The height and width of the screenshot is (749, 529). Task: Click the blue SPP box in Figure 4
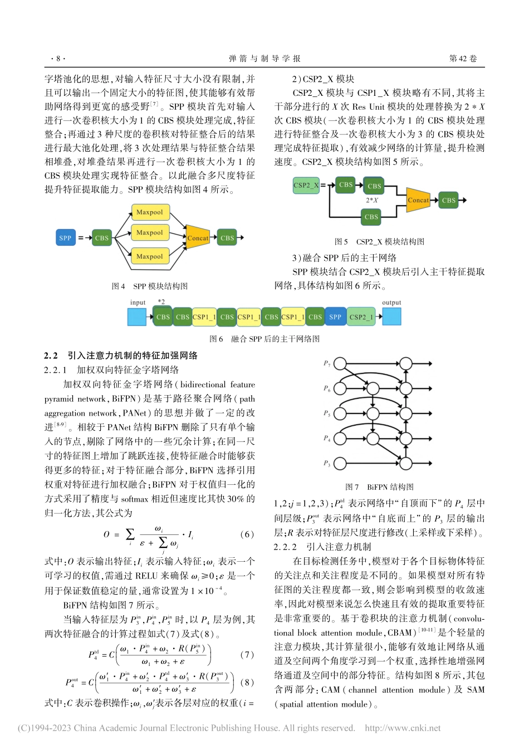65,238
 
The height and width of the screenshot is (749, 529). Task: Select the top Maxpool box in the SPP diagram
149,212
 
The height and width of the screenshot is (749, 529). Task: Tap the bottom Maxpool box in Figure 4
149,256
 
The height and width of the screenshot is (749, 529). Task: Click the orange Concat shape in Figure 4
197,238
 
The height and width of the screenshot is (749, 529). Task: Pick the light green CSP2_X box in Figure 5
306,185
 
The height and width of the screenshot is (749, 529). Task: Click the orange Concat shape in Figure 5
418,200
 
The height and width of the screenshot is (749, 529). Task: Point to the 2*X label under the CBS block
372,200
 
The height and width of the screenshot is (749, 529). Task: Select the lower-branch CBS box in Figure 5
371,217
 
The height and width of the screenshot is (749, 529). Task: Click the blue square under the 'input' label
137,317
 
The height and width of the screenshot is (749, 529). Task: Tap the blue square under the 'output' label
391,317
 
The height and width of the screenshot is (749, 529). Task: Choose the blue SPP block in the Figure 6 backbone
335,317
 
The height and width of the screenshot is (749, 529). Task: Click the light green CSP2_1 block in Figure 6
361,317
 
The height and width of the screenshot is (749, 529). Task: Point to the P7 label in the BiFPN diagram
327,363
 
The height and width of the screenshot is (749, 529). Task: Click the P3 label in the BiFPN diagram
327,463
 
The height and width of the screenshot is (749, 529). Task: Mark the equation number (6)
247,534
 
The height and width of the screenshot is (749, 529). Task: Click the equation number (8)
247,682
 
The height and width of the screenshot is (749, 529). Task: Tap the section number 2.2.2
285,547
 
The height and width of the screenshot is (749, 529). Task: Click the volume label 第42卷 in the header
463,59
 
